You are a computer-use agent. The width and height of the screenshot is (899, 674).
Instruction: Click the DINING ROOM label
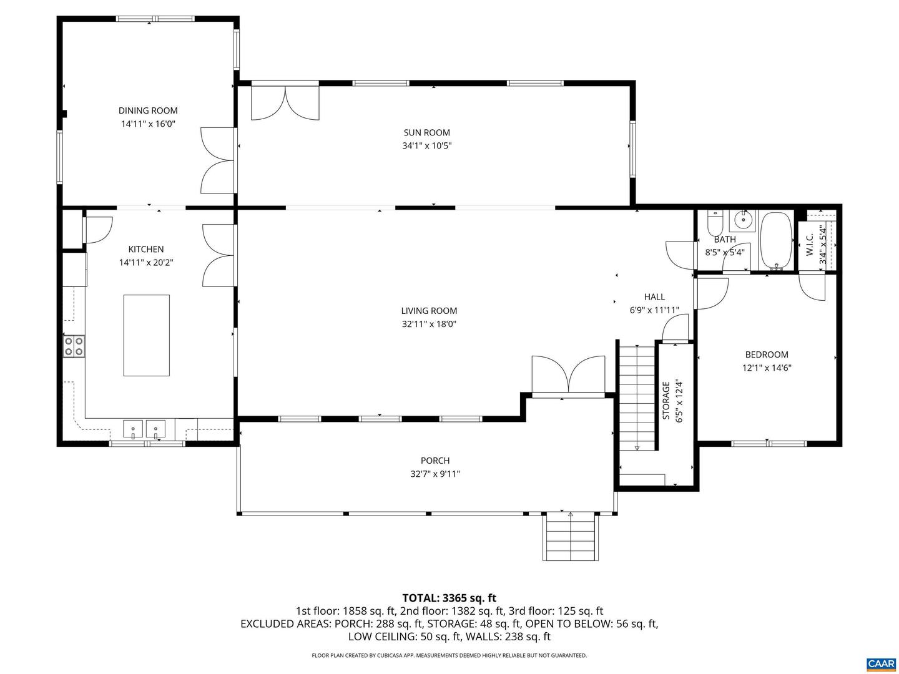148,111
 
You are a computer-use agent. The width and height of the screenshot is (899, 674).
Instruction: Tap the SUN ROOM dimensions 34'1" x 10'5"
426,146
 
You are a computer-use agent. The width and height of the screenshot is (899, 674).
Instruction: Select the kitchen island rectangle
146,335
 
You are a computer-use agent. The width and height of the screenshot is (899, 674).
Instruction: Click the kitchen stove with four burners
74,346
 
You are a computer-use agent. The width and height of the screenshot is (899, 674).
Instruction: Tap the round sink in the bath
743,220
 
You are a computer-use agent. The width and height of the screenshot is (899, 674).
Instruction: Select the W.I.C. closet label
810,244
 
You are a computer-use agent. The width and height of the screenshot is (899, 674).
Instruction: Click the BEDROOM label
767,354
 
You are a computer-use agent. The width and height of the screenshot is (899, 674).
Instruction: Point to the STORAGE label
666,400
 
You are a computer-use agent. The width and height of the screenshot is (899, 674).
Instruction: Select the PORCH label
435,461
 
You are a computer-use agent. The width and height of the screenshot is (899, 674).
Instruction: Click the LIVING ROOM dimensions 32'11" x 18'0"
429,324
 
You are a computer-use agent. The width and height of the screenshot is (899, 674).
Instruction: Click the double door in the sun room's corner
285,102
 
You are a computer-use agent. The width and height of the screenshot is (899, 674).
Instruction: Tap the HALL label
654,297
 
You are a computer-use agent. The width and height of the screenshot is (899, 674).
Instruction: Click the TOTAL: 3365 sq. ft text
449,598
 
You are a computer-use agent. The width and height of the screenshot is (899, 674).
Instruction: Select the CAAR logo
880,663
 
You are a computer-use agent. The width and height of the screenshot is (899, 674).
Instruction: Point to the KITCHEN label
146,250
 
